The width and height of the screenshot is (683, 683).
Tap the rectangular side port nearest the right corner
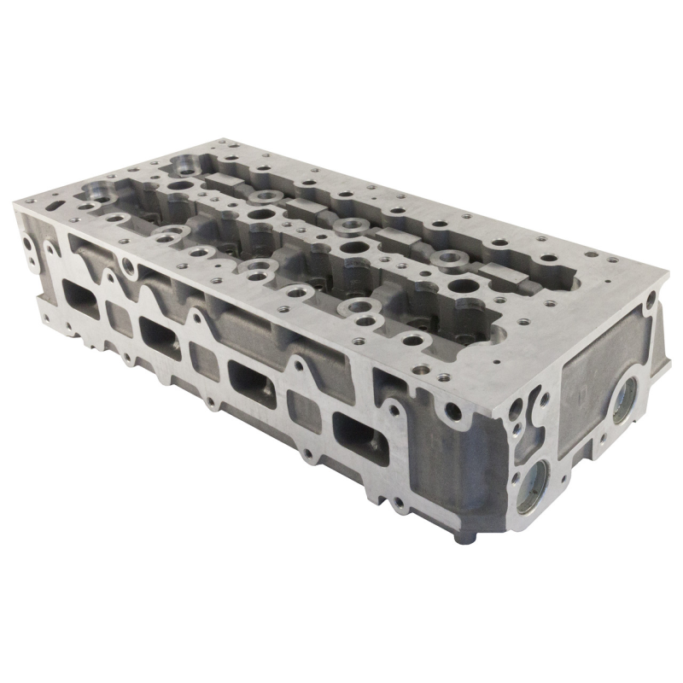pyautogui.click(x=357, y=431)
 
